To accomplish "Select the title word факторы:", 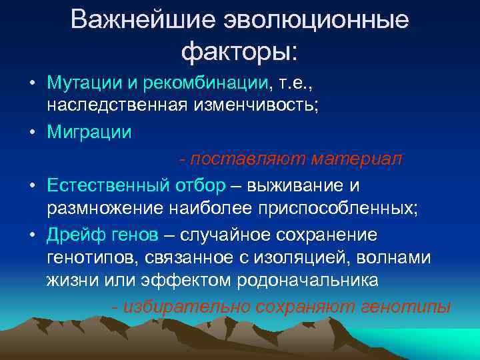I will click(240, 50).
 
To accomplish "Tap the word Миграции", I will click(89, 132).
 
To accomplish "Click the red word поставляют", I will click(243, 158).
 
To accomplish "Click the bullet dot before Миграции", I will click(31, 132).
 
